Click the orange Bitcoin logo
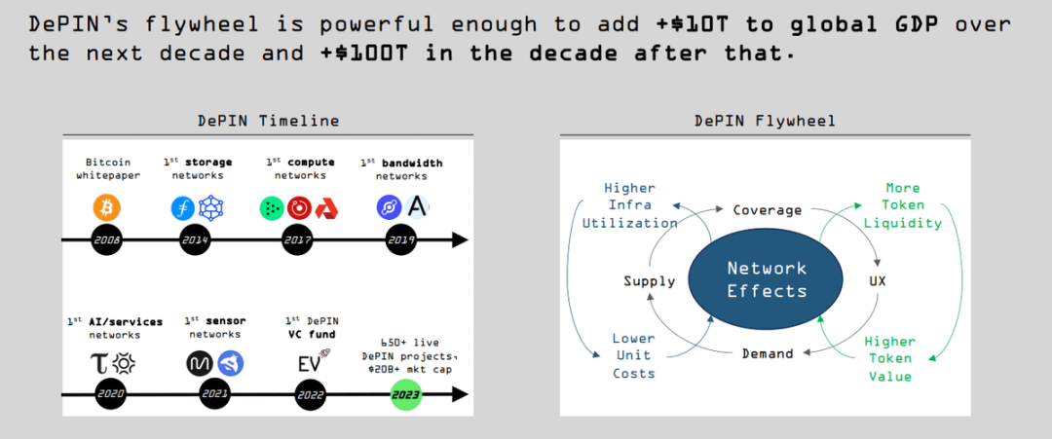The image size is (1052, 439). [x=106, y=207]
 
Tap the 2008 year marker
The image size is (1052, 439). [x=106, y=238]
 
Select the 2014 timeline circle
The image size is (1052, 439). [x=197, y=238]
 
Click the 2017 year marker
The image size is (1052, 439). [x=297, y=238]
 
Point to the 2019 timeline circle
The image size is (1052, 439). [x=400, y=238]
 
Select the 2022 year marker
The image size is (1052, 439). [x=310, y=394]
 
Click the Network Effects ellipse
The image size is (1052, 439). [x=767, y=279]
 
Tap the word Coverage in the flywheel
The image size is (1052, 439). [x=767, y=210]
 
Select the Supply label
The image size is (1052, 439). [x=649, y=281]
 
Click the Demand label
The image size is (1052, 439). [x=767, y=353]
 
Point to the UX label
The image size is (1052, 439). [x=877, y=281]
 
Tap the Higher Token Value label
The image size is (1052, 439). [x=889, y=358]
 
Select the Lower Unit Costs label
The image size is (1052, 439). [x=633, y=356]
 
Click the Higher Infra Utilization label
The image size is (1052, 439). [x=629, y=205]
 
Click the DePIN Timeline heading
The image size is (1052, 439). [x=268, y=121]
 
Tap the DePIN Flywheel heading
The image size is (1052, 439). [x=765, y=121]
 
